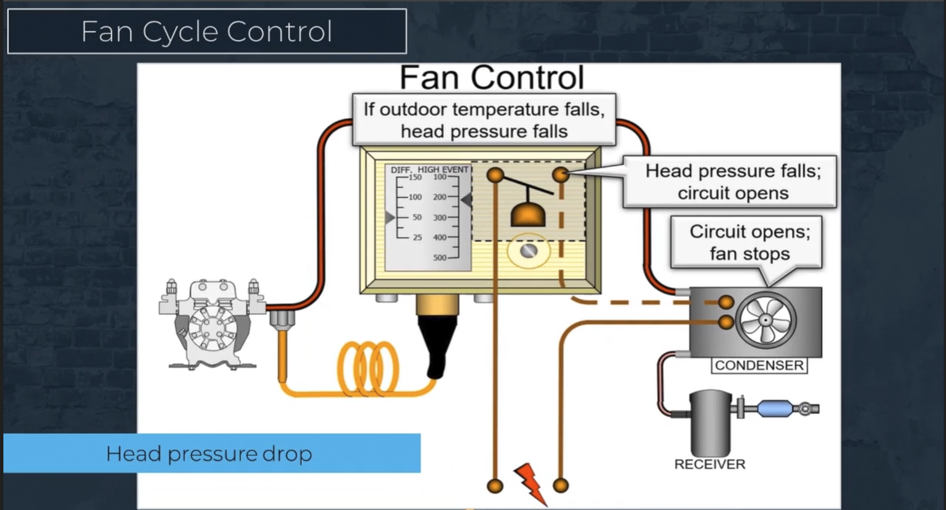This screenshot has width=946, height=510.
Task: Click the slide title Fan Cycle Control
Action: pos(206,32)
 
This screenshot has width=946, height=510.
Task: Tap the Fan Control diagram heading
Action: pos(492,77)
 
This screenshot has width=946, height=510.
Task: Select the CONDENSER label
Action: pos(759,366)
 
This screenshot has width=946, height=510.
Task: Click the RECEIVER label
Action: pos(709,464)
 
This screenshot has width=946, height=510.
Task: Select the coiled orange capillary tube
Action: pos(368,368)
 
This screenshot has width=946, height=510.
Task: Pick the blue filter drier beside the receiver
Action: pos(774,408)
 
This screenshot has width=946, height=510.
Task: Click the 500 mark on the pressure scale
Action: pos(440,258)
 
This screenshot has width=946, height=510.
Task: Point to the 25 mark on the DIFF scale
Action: pos(417,237)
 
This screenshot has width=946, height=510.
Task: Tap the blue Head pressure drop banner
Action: pos(211,453)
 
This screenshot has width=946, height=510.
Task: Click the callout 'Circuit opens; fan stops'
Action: pos(749,243)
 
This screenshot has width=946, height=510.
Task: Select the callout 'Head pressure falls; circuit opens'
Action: pos(732,181)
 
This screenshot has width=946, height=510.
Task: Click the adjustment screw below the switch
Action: pos(529,250)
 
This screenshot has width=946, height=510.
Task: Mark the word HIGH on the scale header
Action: pos(428,170)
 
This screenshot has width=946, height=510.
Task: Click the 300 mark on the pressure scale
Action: pos(440,217)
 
